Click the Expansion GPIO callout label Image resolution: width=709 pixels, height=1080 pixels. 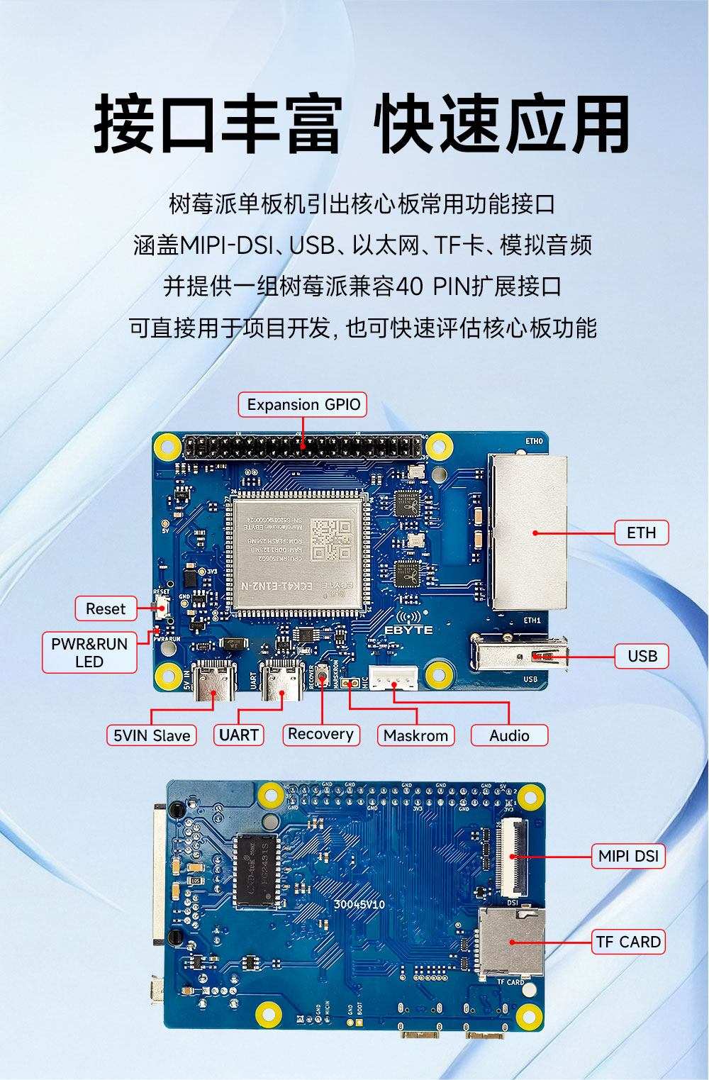point(303,405)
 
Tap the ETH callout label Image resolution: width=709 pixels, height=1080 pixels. point(641,533)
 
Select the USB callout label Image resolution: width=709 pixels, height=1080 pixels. point(642,656)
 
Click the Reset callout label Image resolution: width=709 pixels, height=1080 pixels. point(105,608)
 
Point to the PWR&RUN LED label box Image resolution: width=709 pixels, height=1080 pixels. point(89,652)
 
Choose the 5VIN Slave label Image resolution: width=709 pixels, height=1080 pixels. point(152,735)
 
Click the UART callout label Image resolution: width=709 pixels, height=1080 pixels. point(239,735)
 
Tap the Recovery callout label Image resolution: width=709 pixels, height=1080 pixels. point(320,734)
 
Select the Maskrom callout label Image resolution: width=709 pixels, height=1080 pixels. point(415,735)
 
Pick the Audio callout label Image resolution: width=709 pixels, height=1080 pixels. point(509,735)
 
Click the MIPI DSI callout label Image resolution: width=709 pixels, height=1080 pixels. point(628,856)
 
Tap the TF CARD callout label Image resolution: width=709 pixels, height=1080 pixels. point(628,942)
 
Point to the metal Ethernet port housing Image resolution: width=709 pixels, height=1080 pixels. point(528,532)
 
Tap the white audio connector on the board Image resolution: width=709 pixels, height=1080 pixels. point(391,680)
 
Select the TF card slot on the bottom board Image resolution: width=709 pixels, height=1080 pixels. point(510,941)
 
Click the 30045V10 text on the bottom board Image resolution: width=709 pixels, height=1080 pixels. point(359,905)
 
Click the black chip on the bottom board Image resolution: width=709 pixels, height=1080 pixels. point(257,860)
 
